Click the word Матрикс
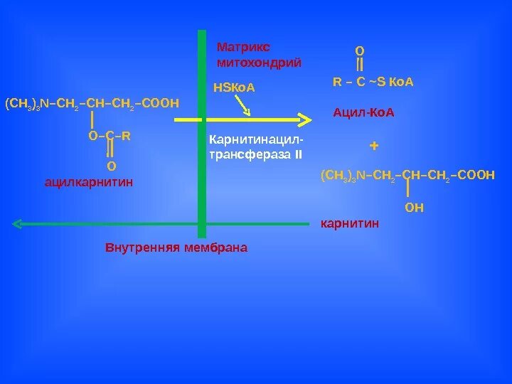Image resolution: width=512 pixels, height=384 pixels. click(243, 47)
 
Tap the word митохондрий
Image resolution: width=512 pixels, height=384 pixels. click(259, 63)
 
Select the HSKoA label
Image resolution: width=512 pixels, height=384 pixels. click(234, 88)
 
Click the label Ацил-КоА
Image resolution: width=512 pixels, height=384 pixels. click(363, 112)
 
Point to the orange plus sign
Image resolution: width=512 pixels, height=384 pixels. click(374, 146)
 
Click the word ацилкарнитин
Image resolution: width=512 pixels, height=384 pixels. click(89, 183)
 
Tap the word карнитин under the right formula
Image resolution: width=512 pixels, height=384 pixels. click(351, 224)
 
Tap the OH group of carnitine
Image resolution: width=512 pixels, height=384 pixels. click(414, 208)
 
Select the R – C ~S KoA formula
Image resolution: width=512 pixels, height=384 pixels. click(373, 82)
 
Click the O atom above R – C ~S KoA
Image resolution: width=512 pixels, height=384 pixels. click(360, 51)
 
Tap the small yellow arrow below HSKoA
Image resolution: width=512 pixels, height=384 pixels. click(242, 105)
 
